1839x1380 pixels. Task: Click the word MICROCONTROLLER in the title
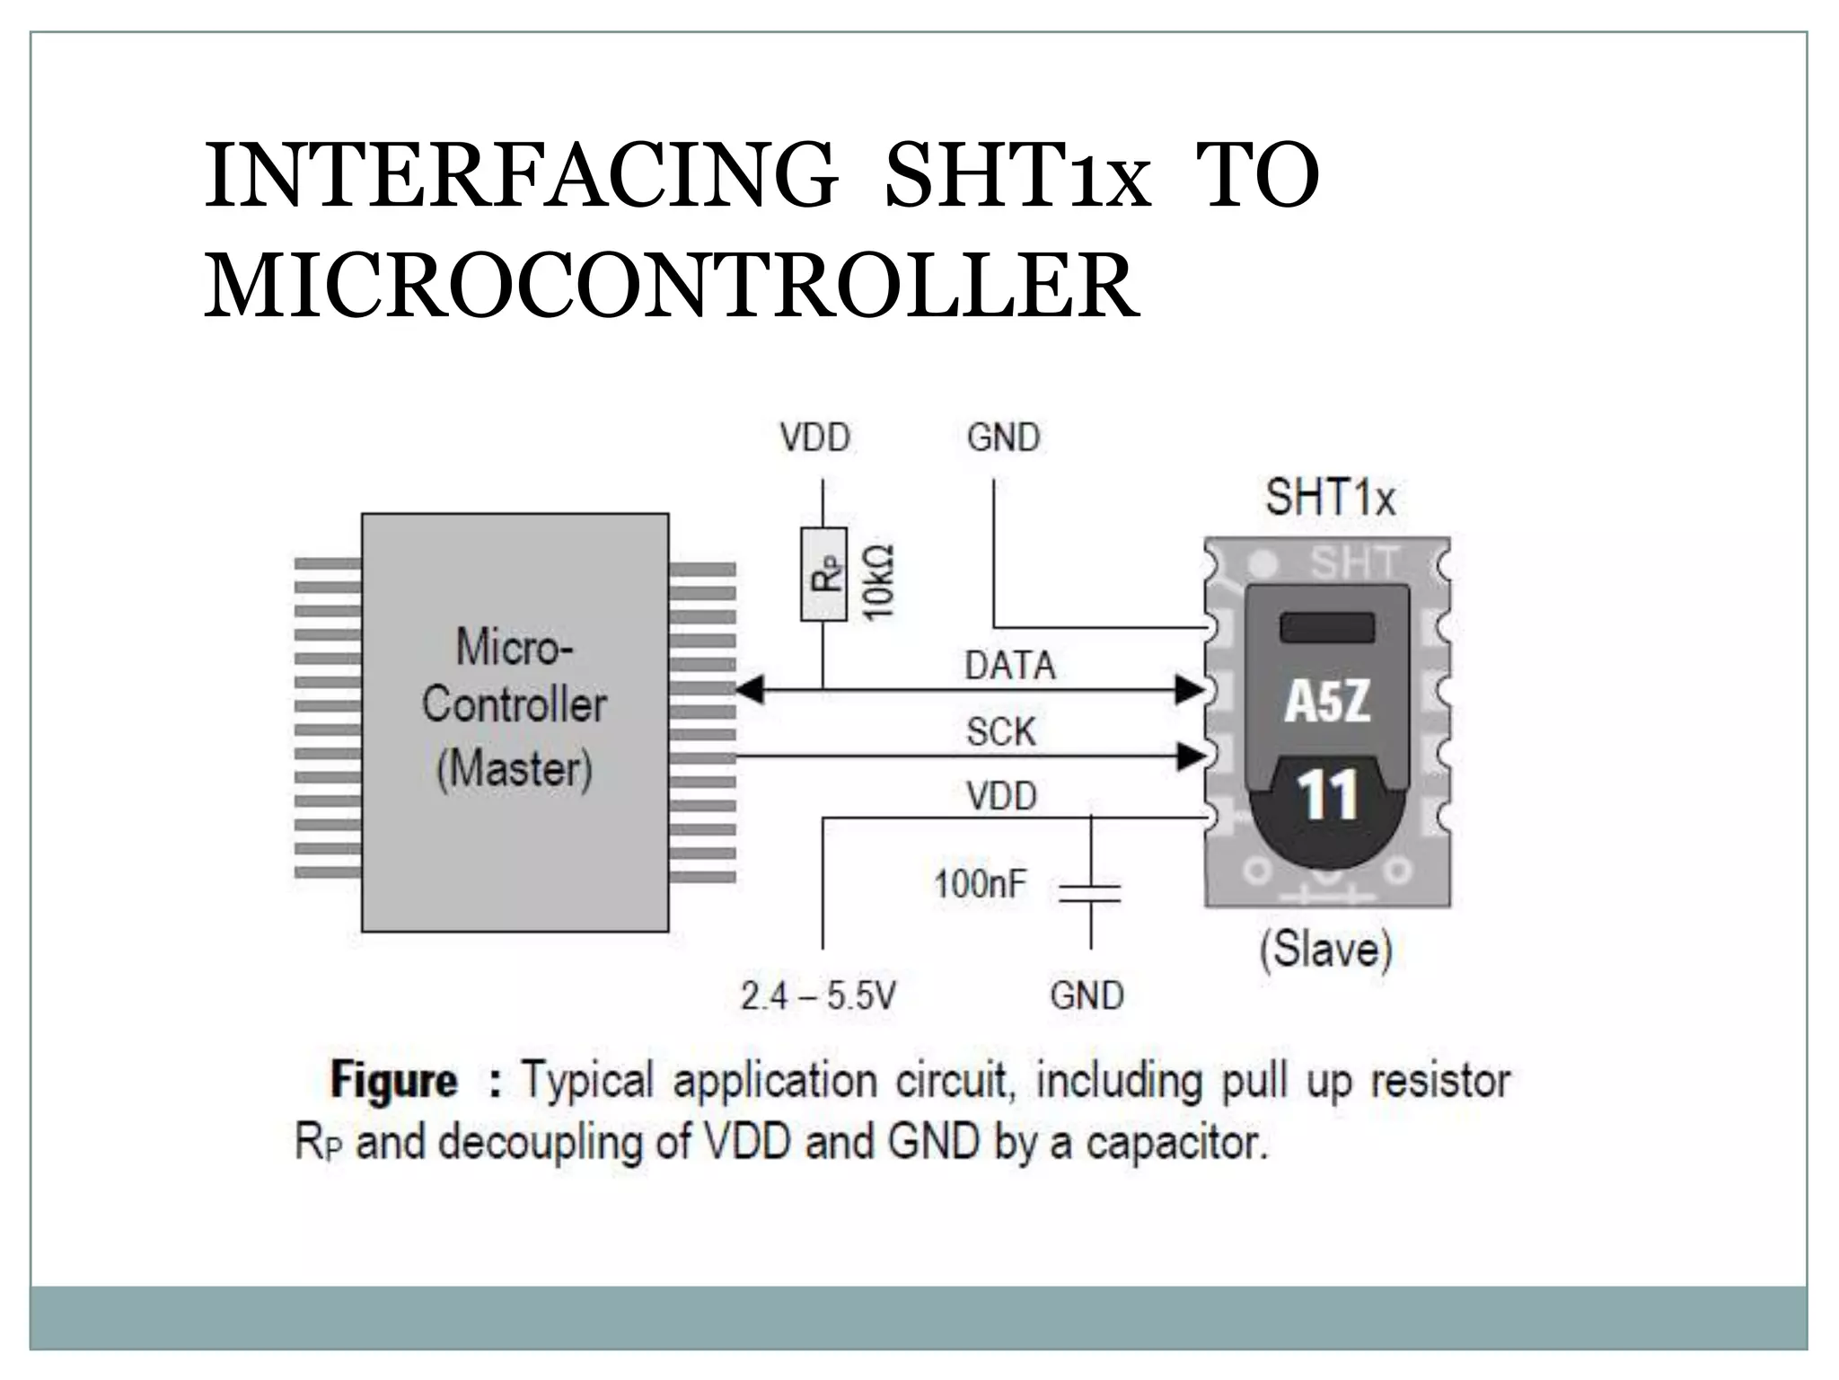click(672, 286)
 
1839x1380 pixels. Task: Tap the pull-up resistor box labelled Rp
click(823, 574)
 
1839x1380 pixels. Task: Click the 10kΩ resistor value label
click(877, 580)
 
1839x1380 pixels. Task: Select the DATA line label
click(1010, 666)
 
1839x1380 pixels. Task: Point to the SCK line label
click(1000, 731)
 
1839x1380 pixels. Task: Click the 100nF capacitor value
click(980, 884)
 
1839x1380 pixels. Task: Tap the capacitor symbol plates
click(1090, 892)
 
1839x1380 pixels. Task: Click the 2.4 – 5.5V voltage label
click(818, 995)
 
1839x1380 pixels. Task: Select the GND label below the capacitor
click(1087, 995)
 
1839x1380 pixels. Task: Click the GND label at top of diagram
click(1003, 438)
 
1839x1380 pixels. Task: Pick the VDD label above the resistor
click(814, 438)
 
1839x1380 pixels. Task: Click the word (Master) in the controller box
click(515, 769)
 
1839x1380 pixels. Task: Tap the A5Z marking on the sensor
click(1327, 702)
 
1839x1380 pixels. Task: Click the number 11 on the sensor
click(1326, 796)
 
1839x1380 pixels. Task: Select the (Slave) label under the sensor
click(1325, 949)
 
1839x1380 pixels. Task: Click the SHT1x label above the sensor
click(1330, 497)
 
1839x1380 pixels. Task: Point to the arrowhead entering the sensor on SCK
click(1190, 756)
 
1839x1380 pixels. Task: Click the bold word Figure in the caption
click(394, 1080)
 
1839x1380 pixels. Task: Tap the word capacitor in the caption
click(1176, 1143)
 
